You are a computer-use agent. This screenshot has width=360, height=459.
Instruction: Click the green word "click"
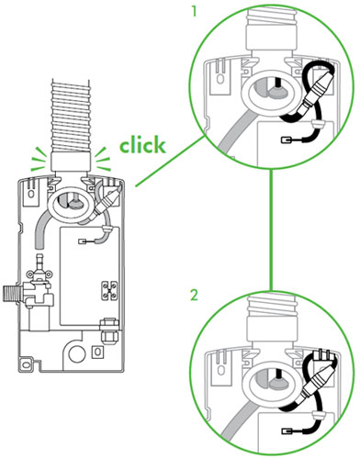coord(142,145)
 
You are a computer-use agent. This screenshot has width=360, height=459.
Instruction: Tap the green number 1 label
coord(194,12)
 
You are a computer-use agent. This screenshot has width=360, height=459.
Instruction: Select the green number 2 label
coord(194,296)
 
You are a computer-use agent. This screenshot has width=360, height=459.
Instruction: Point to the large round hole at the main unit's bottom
coord(77,353)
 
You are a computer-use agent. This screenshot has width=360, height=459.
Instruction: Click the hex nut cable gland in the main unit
coord(108,332)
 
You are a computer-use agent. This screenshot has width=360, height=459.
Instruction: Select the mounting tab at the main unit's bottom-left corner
coord(25,364)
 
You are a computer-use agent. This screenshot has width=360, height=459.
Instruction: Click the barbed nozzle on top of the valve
coord(39,260)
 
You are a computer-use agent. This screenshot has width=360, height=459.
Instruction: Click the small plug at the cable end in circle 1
coord(286,140)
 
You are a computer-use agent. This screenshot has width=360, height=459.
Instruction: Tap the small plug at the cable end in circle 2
coord(286,431)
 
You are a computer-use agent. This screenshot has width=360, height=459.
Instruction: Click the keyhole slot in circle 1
coord(219,78)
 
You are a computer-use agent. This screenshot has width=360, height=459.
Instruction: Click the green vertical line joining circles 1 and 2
coord(271,229)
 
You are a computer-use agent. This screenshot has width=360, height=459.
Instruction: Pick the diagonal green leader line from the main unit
coord(170,162)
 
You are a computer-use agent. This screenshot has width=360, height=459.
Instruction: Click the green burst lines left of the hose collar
coord(39,159)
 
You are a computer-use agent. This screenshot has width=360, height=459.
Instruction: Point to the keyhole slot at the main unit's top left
coord(31,194)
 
